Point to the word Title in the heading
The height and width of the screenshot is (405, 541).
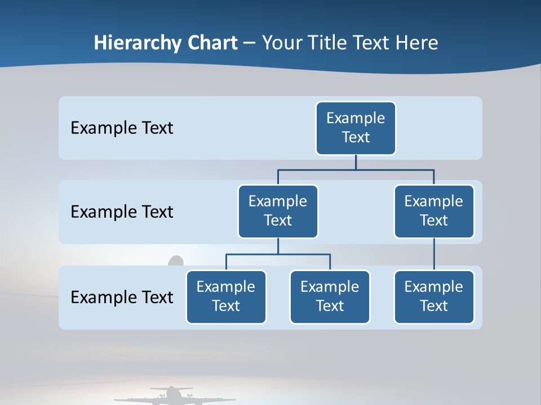(332, 43)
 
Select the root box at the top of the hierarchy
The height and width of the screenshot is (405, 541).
(356, 128)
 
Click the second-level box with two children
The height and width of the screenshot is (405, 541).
(278, 211)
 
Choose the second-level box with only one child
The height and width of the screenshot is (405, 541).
(434, 211)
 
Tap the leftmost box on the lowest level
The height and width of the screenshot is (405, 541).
(226, 296)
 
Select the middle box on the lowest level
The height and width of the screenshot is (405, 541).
(330, 296)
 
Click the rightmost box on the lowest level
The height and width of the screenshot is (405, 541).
(434, 296)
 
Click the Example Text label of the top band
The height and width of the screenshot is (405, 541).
(122, 128)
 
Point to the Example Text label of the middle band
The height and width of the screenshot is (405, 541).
(122, 212)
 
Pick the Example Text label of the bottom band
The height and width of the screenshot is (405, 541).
(122, 297)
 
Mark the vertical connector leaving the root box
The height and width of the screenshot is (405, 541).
(356, 162)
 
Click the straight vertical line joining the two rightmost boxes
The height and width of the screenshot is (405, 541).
(434, 254)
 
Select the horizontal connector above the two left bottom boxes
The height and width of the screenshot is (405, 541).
(278, 254)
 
